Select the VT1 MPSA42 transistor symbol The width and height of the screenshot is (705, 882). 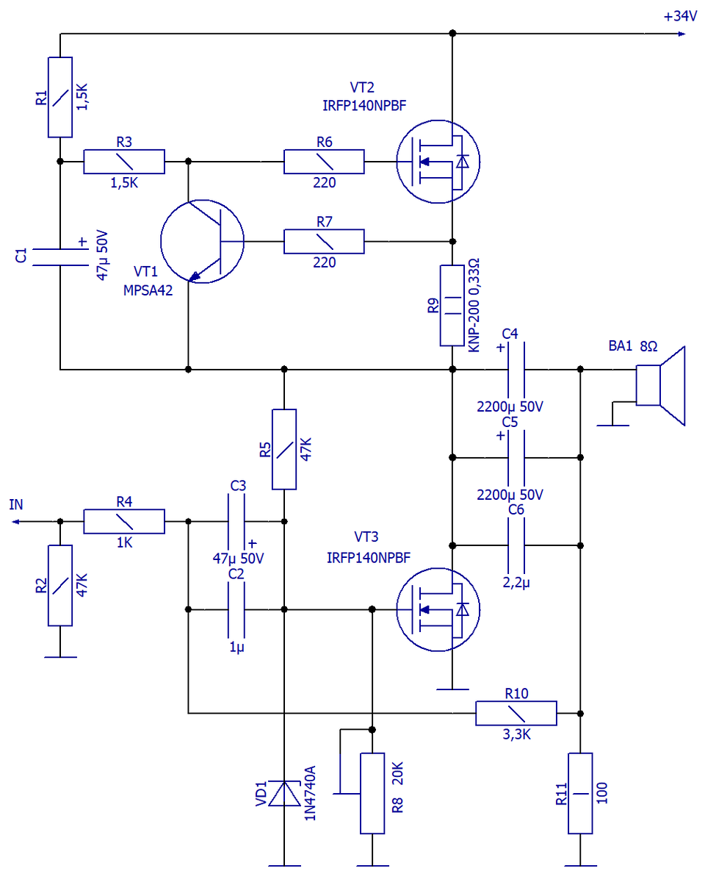(202, 241)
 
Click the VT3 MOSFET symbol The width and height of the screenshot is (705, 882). (438, 609)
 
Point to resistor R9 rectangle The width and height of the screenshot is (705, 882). (452, 305)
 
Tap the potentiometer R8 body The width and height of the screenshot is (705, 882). (372, 793)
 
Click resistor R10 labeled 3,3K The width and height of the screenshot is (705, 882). (516, 713)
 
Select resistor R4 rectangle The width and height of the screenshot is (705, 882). (123, 521)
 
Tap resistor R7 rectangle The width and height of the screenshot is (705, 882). (324, 241)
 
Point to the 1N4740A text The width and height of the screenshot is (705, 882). (309, 793)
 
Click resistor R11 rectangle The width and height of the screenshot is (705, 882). (580, 793)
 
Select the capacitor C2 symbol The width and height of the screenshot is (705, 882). (236, 609)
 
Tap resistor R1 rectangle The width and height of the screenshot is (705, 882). (60, 96)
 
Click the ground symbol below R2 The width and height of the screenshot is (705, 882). (60, 656)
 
